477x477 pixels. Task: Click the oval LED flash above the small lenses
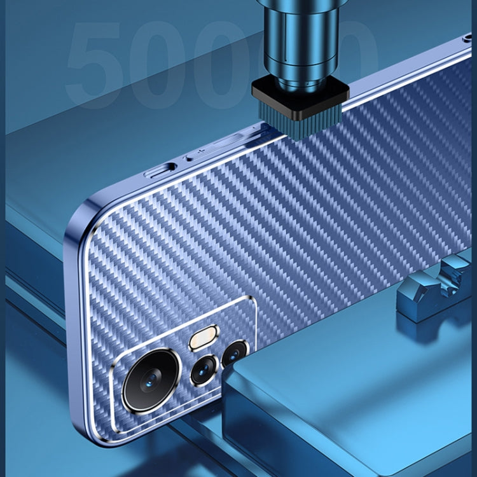[204, 338]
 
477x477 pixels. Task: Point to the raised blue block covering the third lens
[343, 394]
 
